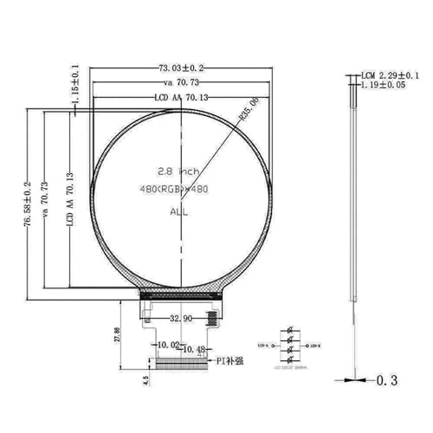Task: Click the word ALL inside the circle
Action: [x=178, y=210]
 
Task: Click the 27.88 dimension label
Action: [x=117, y=335]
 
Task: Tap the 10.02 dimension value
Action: [x=167, y=345]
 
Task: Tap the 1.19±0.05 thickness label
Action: [x=385, y=87]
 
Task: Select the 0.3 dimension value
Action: [x=387, y=380]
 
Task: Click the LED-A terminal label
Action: [x=262, y=345]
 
